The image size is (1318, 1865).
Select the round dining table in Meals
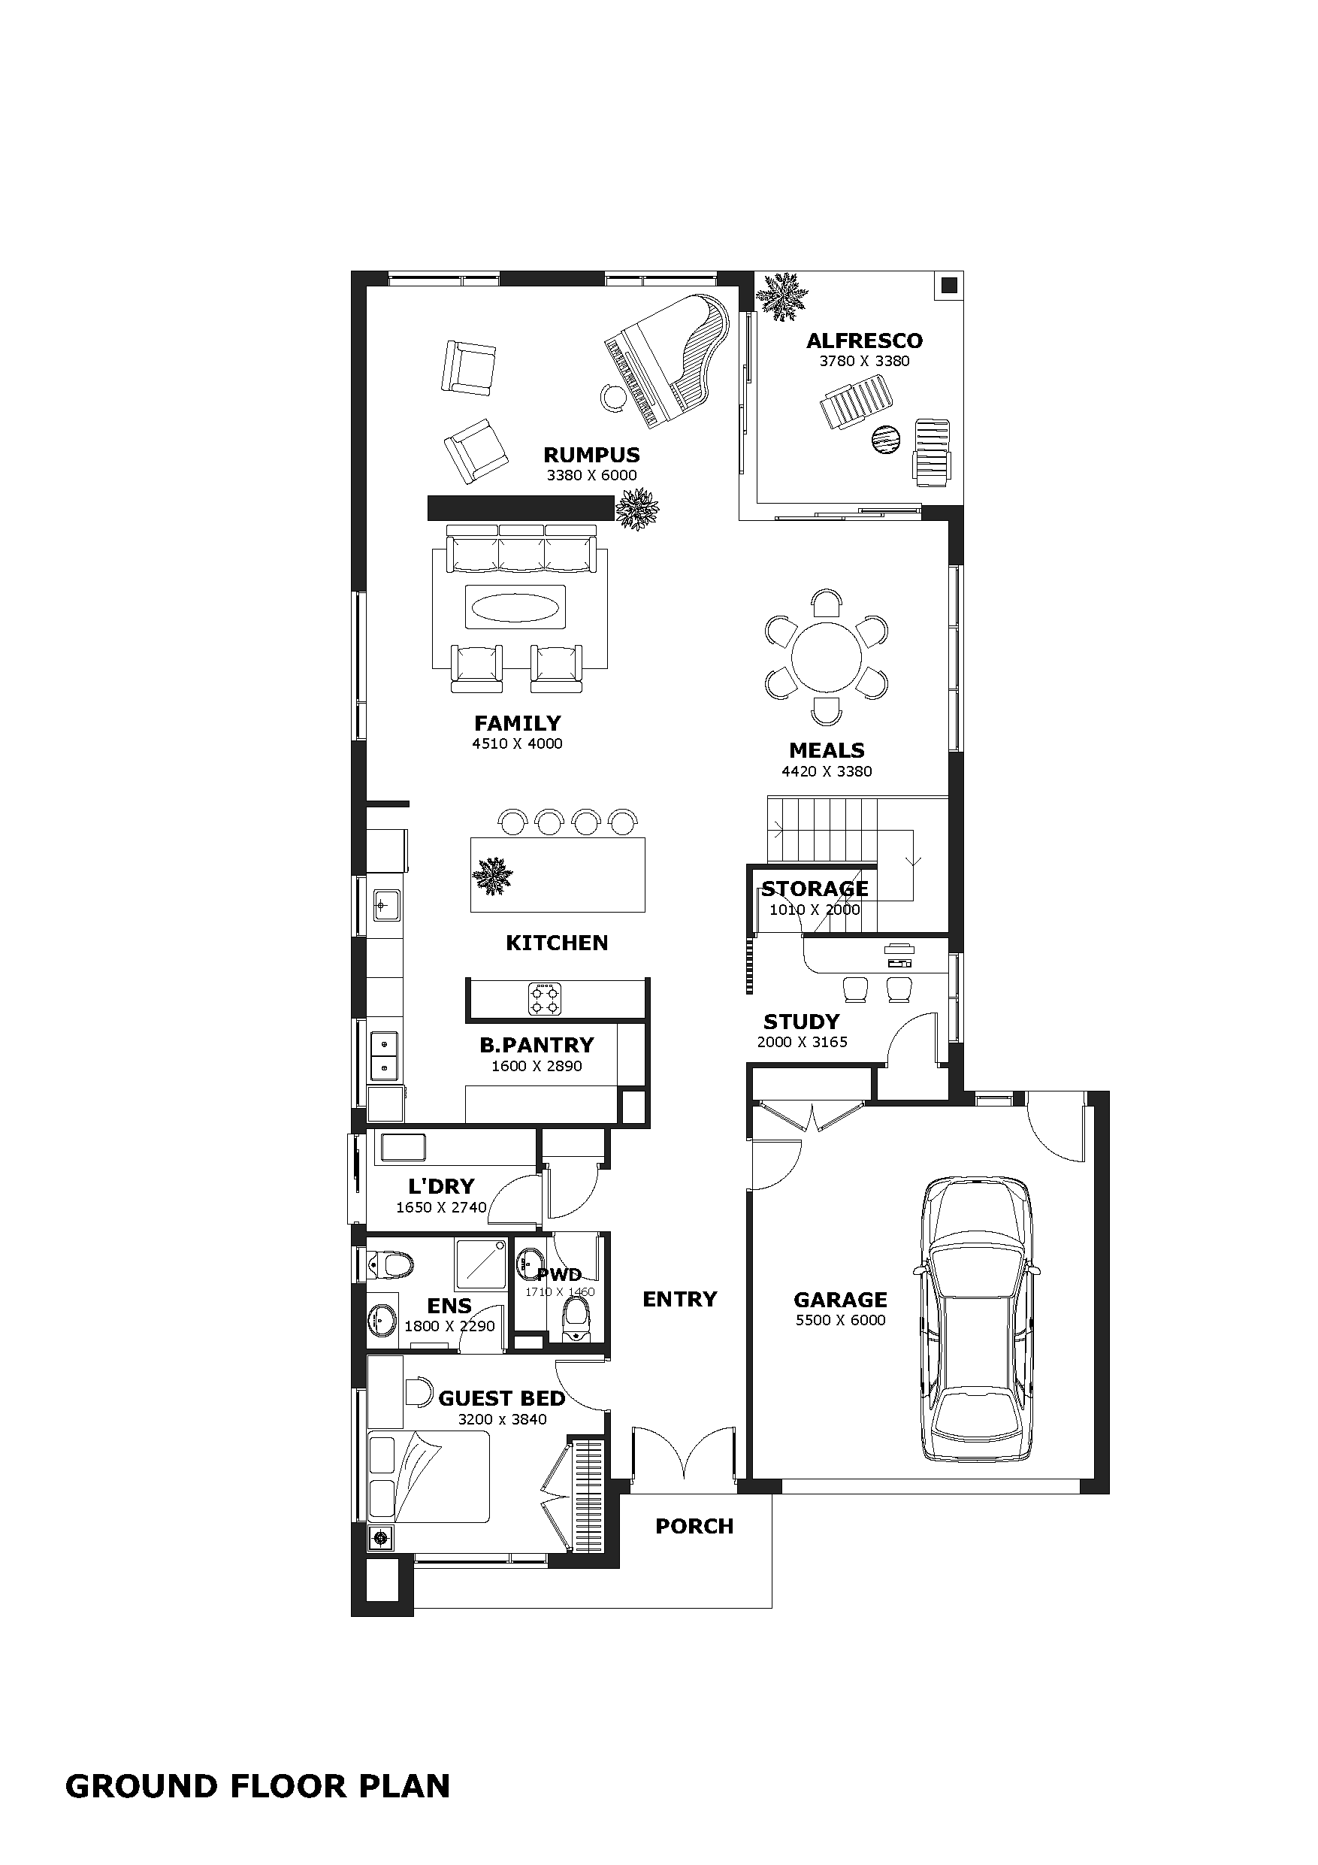click(826, 656)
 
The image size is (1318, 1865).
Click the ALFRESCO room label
click(864, 341)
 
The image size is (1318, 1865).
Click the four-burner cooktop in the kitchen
click(544, 999)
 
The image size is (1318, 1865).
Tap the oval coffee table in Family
click(515, 606)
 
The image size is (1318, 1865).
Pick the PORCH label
click(694, 1526)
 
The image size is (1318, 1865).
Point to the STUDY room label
click(801, 1021)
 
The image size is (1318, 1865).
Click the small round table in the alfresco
click(886, 441)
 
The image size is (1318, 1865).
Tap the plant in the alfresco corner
click(782, 296)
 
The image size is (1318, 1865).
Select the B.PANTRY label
click(537, 1045)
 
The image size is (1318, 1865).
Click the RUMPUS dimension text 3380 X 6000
click(591, 475)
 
